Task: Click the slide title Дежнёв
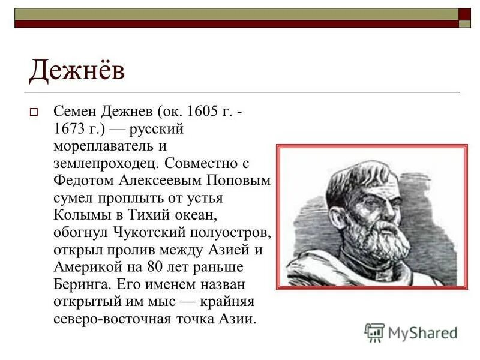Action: click(x=77, y=71)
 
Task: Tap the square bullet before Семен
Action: click(x=34, y=112)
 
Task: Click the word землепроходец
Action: click(x=106, y=163)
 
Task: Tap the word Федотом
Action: click(x=80, y=180)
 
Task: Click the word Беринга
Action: click(x=80, y=284)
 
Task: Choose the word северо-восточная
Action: click(x=107, y=319)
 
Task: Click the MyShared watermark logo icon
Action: click(x=374, y=332)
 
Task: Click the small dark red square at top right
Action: click(x=465, y=13)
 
